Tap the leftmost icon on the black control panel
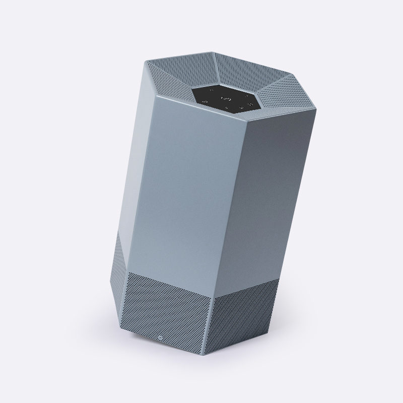click(x=205, y=101)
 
